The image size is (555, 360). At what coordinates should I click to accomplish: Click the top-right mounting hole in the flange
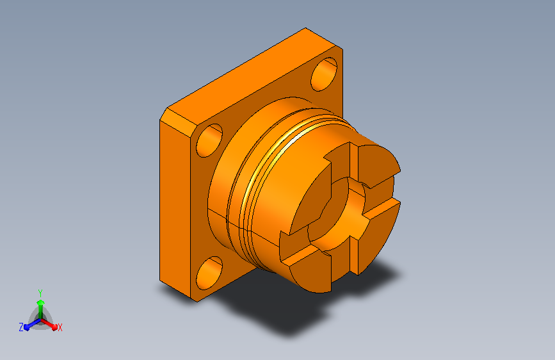click(x=324, y=74)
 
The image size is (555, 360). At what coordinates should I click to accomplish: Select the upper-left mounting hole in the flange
click(x=209, y=140)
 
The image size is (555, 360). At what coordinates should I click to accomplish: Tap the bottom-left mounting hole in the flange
click(x=209, y=273)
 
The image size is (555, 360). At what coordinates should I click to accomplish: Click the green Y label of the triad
click(x=40, y=293)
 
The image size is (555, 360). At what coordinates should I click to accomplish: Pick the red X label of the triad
click(x=60, y=328)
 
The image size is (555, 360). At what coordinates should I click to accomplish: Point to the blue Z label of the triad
click(x=21, y=327)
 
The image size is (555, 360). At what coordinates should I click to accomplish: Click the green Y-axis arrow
click(x=41, y=309)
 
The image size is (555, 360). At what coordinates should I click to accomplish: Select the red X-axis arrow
click(x=49, y=324)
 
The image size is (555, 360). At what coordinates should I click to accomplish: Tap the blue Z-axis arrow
click(x=33, y=324)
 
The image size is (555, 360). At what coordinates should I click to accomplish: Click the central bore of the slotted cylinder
click(x=336, y=216)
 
